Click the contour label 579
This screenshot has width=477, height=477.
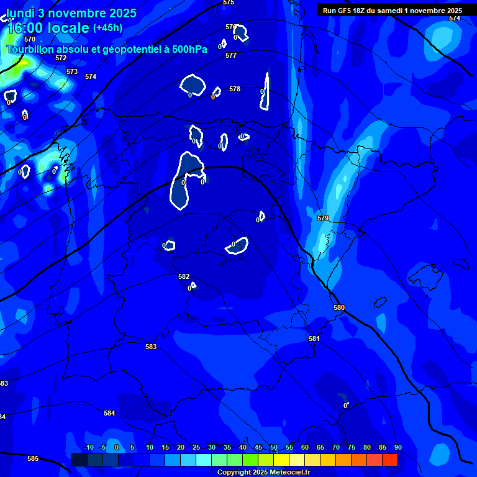[323, 218]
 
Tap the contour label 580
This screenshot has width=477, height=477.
[339, 307]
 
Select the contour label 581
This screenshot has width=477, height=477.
[314, 338]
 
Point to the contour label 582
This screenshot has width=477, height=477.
[184, 276]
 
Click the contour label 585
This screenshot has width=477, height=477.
[33, 458]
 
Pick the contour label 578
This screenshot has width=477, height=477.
[235, 89]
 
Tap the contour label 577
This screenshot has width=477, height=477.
[231, 55]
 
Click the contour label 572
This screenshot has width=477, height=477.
[61, 58]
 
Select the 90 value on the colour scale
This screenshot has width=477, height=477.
[397, 447]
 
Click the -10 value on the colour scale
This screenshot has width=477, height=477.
[88, 447]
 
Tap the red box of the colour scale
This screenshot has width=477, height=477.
[390, 460]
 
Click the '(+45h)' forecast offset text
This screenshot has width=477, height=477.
[107, 28]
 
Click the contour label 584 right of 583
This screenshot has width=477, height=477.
[109, 413]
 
